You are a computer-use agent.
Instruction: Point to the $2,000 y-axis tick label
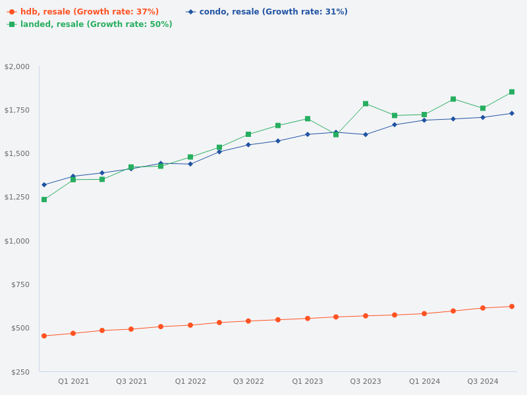[17, 66]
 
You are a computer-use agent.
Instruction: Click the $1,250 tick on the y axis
[17, 197]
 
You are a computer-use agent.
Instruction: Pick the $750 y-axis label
[20, 284]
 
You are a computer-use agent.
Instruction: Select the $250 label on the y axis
[20, 372]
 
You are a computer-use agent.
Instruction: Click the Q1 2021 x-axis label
[73, 381]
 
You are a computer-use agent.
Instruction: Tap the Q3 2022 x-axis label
[248, 381]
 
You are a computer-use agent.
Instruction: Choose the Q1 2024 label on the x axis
[424, 381]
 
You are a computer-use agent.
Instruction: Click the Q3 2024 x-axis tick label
[483, 381]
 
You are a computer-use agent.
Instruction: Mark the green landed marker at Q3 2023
[366, 104]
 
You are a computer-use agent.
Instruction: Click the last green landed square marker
[512, 92]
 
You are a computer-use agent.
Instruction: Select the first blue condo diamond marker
[44, 185]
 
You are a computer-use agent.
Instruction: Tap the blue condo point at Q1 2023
[308, 134]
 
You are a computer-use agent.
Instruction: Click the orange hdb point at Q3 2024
[483, 308]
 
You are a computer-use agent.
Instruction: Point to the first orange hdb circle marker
[44, 336]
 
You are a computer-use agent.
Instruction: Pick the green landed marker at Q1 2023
[308, 118]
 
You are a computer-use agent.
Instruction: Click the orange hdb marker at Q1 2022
[190, 325]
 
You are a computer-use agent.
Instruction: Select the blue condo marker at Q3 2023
[366, 134]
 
